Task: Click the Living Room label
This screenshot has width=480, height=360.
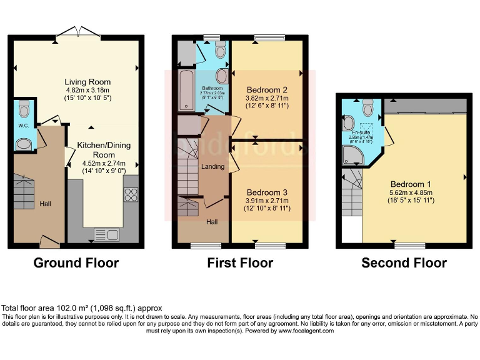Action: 87,82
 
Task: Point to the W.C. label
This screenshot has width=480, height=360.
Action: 24,125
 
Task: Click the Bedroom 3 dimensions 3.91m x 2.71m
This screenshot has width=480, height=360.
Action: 267,200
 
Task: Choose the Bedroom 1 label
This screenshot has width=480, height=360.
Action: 411,184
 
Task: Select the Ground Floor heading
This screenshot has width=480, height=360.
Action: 76,262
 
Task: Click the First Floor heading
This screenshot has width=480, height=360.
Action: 240,262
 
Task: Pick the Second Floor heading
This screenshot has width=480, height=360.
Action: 404,262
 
